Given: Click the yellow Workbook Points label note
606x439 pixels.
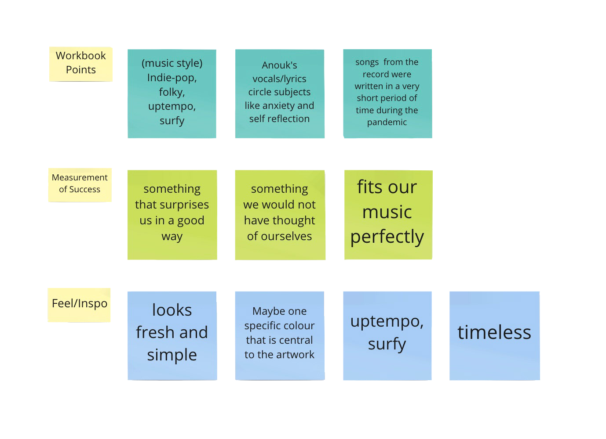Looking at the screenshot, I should (x=80, y=63).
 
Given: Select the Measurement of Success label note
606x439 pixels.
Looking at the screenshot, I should (x=80, y=184).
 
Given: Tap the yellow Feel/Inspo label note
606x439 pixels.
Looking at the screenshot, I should (x=80, y=304).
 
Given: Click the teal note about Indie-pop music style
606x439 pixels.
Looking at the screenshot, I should (x=172, y=94).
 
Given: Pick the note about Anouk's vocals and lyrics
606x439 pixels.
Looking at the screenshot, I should (x=279, y=94).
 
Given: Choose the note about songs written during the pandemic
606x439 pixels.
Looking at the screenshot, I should (x=387, y=94).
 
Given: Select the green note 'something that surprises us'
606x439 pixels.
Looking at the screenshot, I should (x=172, y=215).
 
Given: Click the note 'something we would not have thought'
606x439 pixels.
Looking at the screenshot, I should (x=279, y=215).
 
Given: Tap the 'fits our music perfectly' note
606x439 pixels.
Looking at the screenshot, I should (x=387, y=215).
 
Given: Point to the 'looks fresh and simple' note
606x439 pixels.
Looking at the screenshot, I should (x=172, y=335).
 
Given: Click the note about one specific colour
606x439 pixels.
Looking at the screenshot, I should (x=279, y=335).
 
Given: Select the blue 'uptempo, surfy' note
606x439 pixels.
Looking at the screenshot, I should (x=387, y=335).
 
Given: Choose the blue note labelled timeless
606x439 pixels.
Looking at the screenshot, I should (x=494, y=335).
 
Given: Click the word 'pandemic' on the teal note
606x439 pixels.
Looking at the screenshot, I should (x=387, y=122).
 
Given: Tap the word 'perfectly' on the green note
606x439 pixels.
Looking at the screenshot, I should (x=387, y=237).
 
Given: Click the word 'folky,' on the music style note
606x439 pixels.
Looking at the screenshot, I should (x=172, y=92).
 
